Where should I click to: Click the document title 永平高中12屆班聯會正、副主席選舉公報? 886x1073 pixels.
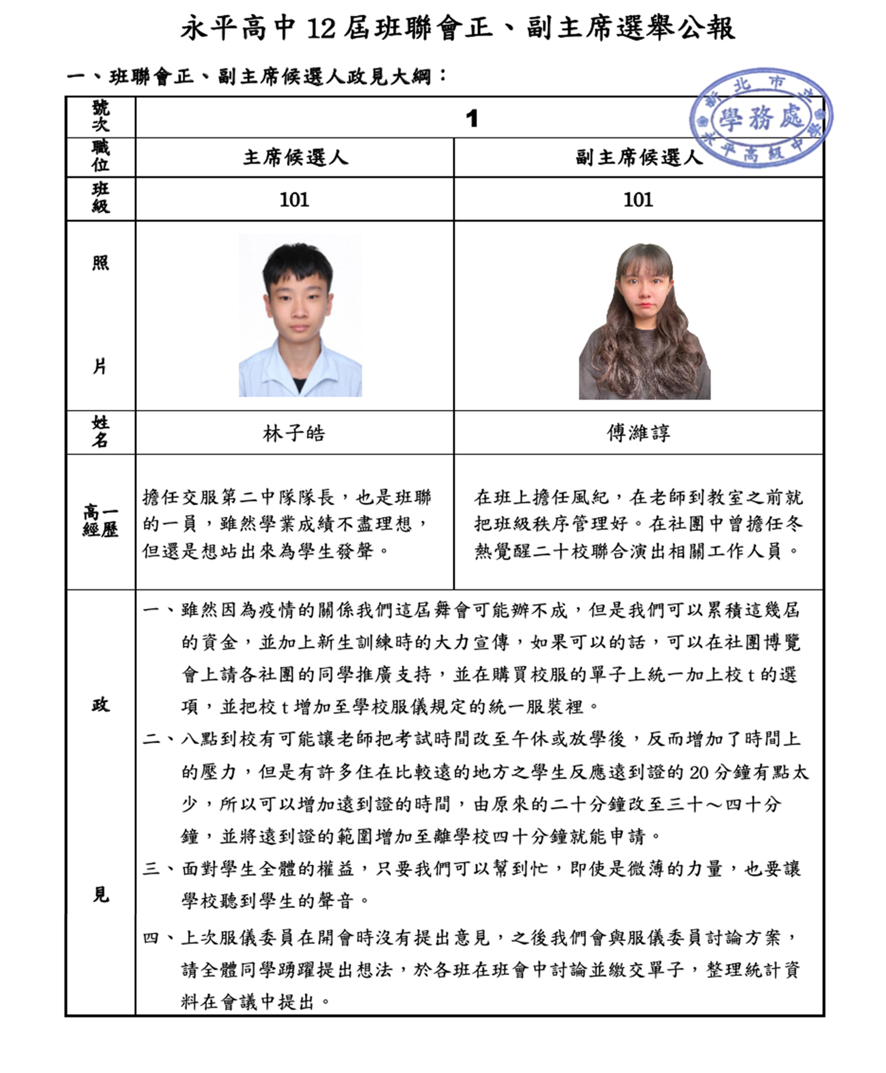[458, 29]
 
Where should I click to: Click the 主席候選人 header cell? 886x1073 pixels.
[294, 158]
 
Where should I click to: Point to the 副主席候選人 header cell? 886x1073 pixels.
[638, 158]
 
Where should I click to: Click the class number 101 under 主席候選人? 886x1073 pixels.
[294, 200]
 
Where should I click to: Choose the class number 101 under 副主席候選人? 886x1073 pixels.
[638, 200]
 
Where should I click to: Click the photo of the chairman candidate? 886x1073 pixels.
[300, 316]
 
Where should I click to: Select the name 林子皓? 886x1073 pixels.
[294, 433]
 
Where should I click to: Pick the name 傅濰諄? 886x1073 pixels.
[638, 433]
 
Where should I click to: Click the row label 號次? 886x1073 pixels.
[101, 117]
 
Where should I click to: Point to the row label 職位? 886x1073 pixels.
[101, 156]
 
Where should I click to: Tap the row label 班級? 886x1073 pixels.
[101, 198]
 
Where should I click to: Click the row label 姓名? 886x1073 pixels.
[101, 432]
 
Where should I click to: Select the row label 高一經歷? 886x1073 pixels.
[101, 521]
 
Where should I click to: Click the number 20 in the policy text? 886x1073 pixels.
[699, 773]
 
